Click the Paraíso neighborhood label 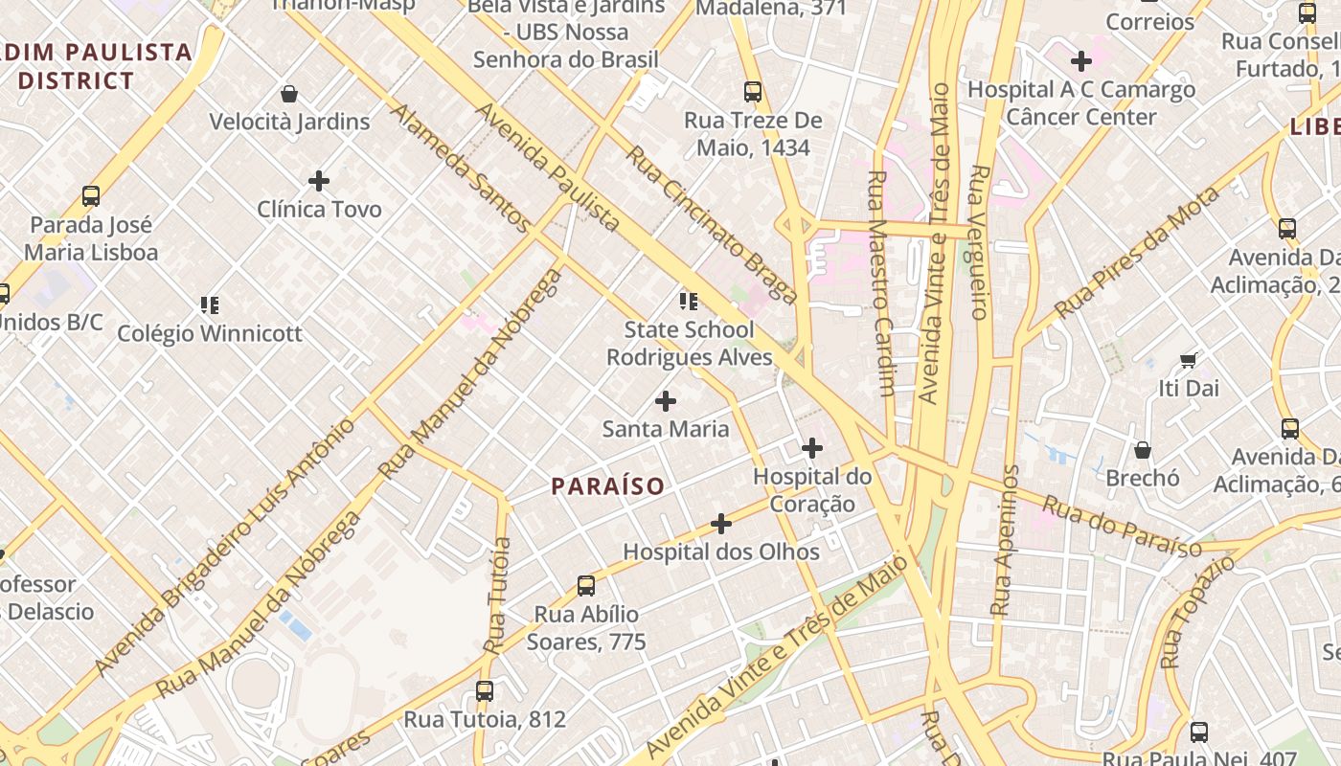(607, 486)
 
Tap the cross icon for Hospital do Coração (811, 448)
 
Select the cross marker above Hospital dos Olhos (721, 524)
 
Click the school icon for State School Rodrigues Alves (689, 302)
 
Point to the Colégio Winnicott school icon (210, 305)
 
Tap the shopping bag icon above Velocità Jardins (289, 94)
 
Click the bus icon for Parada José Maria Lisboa (91, 196)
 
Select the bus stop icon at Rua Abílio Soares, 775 (586, 586)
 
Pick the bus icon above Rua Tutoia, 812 (485, 691)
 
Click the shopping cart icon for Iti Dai (1189, 360)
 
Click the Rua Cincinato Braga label (711, 224)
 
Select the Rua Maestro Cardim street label (880, 283)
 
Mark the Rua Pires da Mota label (1137, 253)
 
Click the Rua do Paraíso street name (1122, 526)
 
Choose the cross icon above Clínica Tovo (319, 180)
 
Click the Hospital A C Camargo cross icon (1081, 61)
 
